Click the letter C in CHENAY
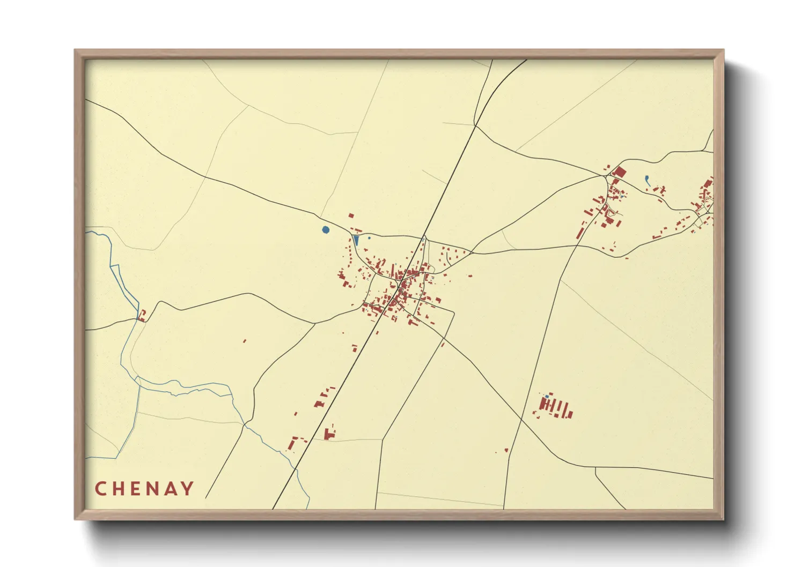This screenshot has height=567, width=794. [x=100, y=489]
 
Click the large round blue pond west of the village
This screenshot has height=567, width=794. [x=326, y=230]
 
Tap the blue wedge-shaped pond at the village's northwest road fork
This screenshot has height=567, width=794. [x=356, y=240]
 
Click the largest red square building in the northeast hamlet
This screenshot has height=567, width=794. [x=619, y=172]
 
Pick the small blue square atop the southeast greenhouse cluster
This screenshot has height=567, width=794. [x=547, y=397]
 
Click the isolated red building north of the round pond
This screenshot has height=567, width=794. [x=351, y=215]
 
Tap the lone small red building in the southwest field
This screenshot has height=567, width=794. [x=245, y=341]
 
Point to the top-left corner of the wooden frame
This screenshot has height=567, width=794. [x=75, y=50]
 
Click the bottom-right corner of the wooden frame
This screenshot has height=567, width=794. [x=723, y=519]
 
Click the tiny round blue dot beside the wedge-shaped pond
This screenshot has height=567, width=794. [x=369, y=237]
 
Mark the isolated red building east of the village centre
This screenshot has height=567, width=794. [x=470, y=277]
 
